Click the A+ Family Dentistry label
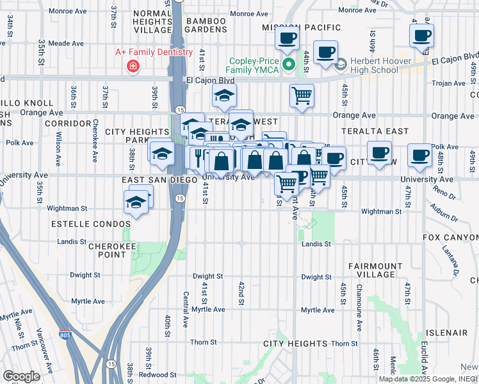click(x=154, y=52)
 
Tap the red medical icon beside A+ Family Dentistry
click(x=133, y=66)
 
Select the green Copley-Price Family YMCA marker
click(x=289, y=64)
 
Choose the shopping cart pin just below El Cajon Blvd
click(x=302, y=96)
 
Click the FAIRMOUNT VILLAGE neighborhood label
click(x=376, y=270)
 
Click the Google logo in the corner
click(x=21, y=376)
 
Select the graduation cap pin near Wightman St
click(x=136, y=202)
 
